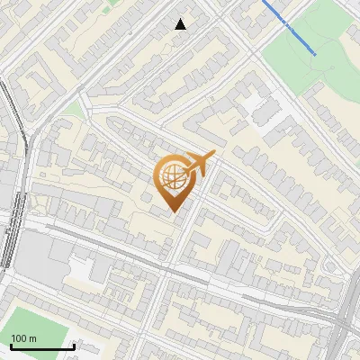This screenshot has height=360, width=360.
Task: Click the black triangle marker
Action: [x=180, y=24]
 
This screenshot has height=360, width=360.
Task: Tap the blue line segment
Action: [x=288, y=27]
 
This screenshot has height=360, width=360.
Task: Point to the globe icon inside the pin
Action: [x=175, y=175]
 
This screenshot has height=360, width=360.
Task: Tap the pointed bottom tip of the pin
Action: [x=175, y=211]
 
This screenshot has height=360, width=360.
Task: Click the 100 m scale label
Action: [x=23, y=338]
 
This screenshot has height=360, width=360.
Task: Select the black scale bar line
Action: [x=42, y=346]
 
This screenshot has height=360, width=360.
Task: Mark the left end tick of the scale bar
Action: [x=11, y=345]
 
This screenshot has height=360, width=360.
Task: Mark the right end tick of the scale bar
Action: [x=74, y=345]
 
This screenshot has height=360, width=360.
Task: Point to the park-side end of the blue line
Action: [x=314, y=53]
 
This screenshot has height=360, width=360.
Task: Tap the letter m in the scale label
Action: [x=32, y=338]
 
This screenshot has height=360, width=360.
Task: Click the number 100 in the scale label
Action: [x=19, y=338]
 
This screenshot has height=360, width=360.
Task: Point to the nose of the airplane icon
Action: [x=214, y=154]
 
